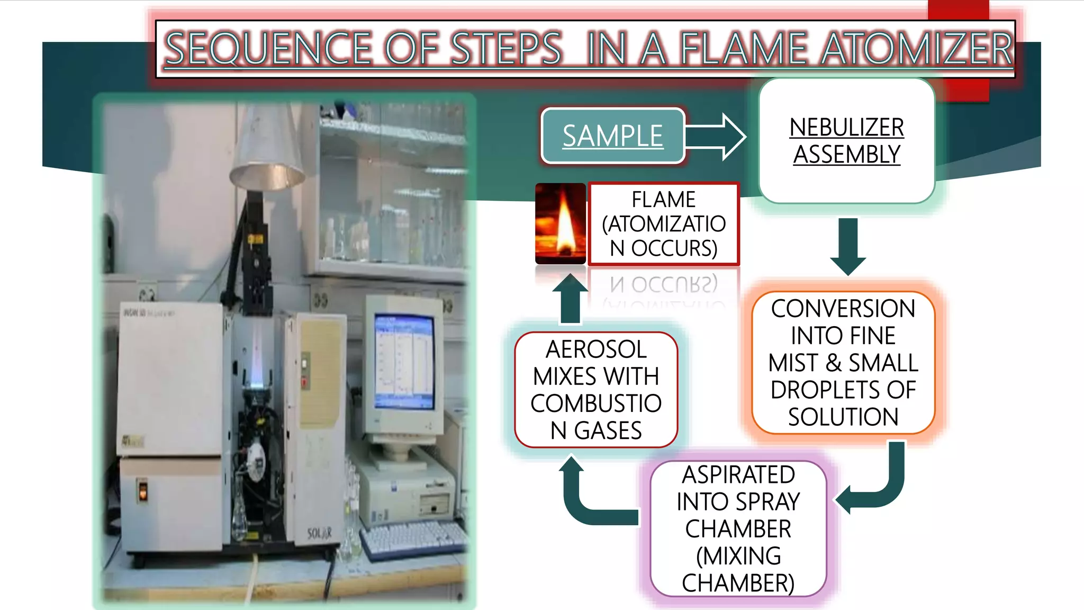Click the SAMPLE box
click(612, 136)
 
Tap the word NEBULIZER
click(846, 128)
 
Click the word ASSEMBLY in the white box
click(846, 155)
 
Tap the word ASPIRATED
click(738, 475)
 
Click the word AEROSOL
click(596, 349)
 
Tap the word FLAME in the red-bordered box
click(663, 200)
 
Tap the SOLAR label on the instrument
click(320, 533)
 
